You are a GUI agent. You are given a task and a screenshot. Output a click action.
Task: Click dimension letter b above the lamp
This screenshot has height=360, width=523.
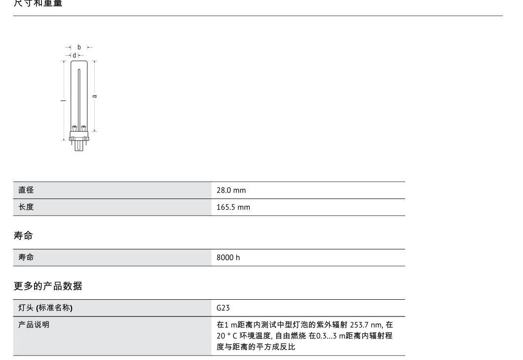(79, 47)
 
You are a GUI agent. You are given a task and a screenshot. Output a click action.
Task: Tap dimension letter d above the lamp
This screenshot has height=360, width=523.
(75, 55)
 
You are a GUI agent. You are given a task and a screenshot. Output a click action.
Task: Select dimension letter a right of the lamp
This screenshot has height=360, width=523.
(95, 96)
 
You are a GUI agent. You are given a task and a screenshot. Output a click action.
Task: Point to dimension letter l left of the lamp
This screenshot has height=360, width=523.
(63, 100)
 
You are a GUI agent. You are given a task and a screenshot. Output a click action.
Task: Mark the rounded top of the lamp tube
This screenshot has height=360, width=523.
(79, 63)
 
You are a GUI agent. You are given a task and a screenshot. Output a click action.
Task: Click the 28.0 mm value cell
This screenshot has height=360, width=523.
(231, 190)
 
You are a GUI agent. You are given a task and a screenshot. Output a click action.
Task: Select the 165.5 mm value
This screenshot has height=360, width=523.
(233, 207)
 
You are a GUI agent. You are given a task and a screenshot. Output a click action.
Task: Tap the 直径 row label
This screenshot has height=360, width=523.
(26, 190)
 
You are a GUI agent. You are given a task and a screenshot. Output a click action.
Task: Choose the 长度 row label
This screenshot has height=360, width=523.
(26, 207)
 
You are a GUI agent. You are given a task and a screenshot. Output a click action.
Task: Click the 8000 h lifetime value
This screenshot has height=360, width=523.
(228, 258)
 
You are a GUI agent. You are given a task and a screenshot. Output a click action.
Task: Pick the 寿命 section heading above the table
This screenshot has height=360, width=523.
(23, 236)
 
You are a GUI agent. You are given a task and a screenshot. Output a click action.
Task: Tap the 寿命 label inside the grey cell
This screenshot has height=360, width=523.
(26, 258)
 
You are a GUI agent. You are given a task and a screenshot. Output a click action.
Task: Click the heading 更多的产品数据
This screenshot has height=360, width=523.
(47, 286)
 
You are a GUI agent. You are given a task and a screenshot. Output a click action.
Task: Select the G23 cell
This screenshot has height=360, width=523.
(223, 308)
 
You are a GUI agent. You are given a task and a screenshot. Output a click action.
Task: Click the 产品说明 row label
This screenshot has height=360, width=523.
(34, 325)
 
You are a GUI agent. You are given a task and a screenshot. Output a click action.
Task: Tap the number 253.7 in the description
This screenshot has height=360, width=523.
(359, 325)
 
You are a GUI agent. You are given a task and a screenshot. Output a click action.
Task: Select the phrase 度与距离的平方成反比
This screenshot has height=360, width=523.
(256, 347)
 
